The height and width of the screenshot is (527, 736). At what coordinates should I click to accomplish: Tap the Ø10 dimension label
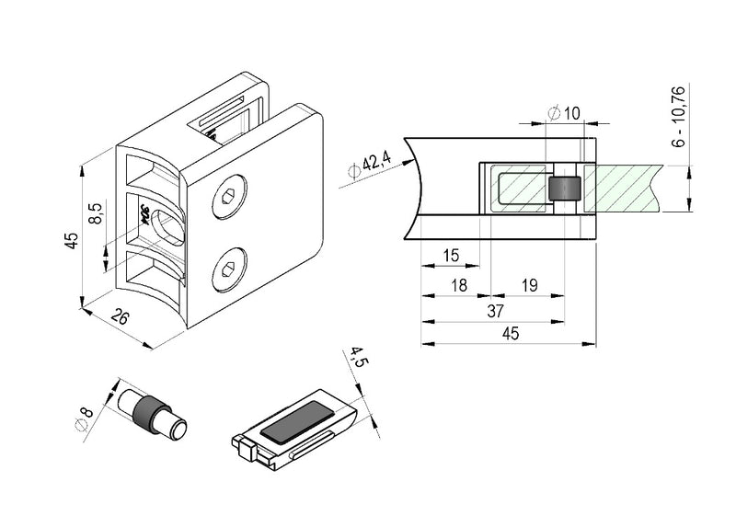click(564, 113)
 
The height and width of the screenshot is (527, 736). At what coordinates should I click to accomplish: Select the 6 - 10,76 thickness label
click(679, 117)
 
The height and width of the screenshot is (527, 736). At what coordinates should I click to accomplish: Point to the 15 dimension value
click(451, 256)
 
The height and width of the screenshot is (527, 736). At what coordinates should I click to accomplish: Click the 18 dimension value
click(458, 285)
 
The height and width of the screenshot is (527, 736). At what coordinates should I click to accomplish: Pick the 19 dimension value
click(530, 285)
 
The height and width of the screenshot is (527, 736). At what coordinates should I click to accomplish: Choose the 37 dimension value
click(495, 311)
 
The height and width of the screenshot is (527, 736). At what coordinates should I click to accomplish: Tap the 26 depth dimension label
click(120, 317)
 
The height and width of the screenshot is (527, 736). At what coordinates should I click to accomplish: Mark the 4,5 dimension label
click(360, 359)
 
